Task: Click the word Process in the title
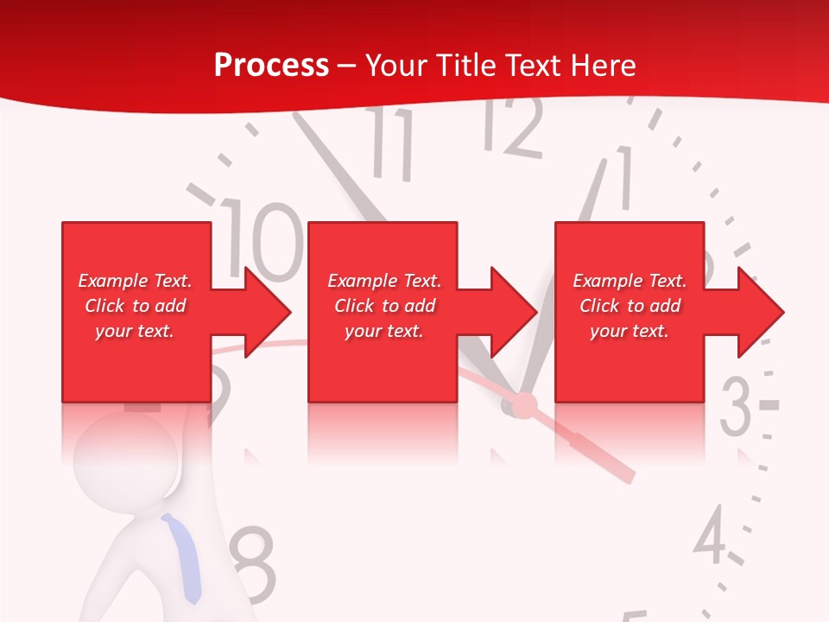(x=271, y=66)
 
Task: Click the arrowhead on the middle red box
(x=512, y=312)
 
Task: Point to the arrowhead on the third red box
(x=759, y=312)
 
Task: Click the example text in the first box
(x=135, y=306)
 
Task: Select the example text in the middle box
(x=383, y=306)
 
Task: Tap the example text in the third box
(x=630, y=306)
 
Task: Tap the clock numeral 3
(x=736, y=406)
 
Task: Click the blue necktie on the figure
(x=184, y=557)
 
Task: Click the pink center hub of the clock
(x=524, y=404)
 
